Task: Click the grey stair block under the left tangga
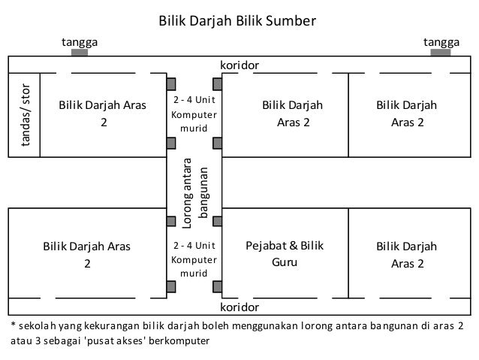tap(79, 52)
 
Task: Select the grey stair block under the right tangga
tap(441, 52)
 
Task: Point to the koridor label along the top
tap(239, 65)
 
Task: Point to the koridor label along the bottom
tap(239, 307)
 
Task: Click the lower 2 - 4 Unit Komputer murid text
tap(194, 259)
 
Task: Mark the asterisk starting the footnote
tap(12, 325)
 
